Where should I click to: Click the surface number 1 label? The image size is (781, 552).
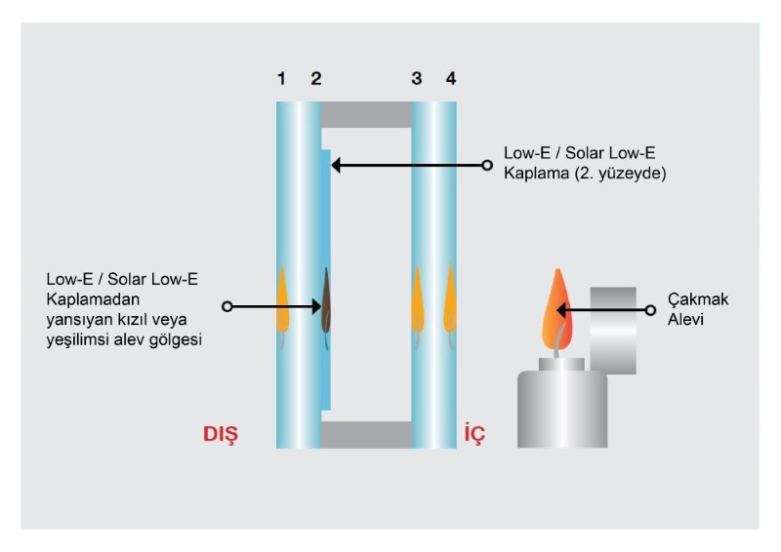tap(281, 79)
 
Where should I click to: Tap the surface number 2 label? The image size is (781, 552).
tap(316, 79)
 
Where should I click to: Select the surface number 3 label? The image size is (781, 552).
tap(417, 79)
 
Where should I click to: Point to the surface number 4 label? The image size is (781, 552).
tap(451, 79)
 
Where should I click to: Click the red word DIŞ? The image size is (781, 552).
tap(221, 435)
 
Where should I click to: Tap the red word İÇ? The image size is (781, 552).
tap(474, 434)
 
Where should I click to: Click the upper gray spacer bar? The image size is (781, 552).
tap(366, 114)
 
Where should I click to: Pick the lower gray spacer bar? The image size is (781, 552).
tap(366, 435)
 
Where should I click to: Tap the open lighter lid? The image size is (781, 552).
tap(613, 331)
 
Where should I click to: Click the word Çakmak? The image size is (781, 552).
tap(698, 299)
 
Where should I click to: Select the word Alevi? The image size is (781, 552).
tap(685, 320)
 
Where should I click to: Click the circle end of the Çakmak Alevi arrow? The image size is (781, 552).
tap(650, 310)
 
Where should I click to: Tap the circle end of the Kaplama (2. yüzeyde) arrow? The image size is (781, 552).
tap(487, 165)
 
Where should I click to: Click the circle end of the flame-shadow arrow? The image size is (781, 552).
tap(227, 306)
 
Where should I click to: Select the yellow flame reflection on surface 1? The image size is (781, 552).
tap(282, 307)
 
